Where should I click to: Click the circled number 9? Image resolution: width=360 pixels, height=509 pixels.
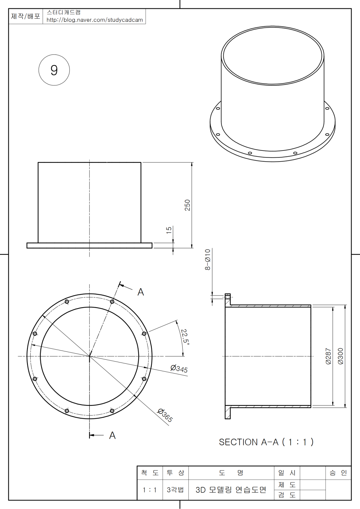[54, 70]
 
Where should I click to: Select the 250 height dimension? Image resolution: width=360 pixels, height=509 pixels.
[187, 205]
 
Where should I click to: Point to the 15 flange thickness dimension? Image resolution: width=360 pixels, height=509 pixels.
[169, 230]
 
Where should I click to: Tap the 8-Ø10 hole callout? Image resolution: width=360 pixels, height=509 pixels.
[208, 260]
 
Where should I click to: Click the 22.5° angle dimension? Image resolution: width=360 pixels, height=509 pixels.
[185, 337]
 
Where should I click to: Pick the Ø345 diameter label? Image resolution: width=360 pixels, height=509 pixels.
[179, 369]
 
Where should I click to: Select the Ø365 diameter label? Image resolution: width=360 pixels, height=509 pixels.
[165, 415]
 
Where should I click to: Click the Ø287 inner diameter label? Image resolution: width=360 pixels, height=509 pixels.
[328, 356]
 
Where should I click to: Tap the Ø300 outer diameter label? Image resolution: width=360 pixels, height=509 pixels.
[340, 356]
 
